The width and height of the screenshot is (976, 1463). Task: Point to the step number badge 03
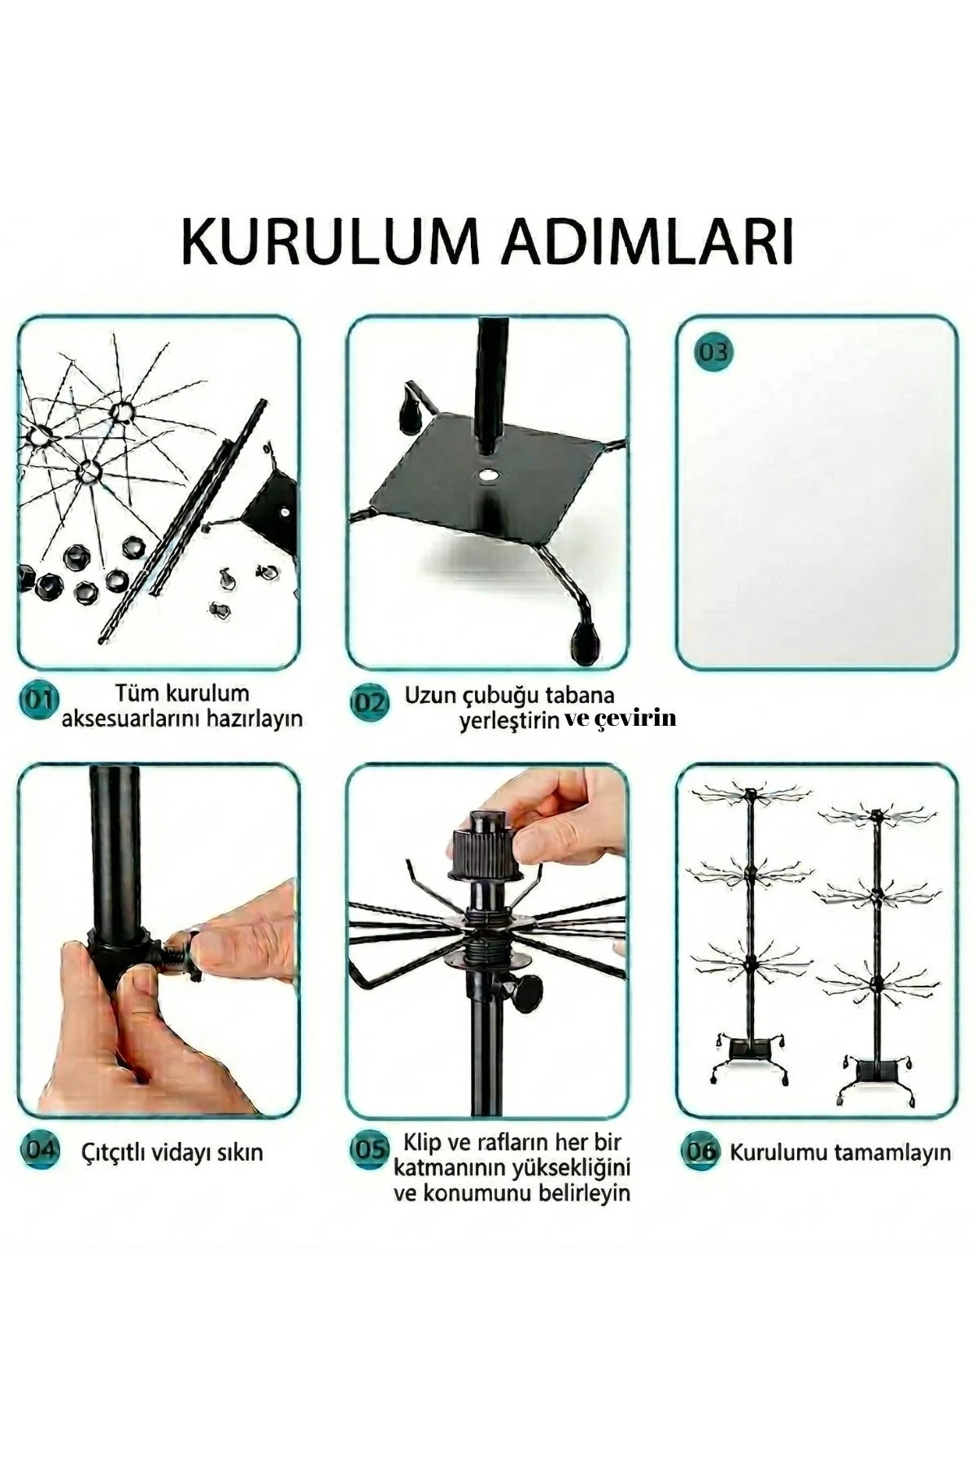pos(713,354)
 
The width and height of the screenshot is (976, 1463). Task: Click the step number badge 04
pos(39,1151)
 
